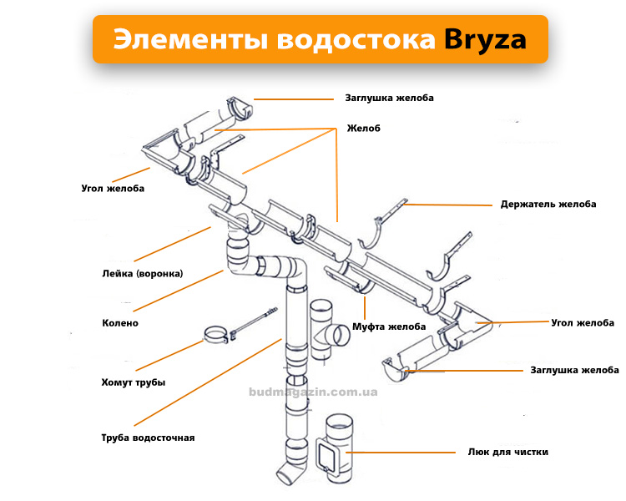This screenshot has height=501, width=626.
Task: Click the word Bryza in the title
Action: point(485,40)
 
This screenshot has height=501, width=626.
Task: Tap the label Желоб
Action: point(363,129)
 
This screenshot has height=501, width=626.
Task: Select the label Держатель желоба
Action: point(548,204)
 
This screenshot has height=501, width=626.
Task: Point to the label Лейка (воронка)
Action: point(143,274)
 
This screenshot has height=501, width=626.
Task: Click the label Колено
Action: point(120,323)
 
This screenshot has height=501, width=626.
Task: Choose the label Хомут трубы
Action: point(134,382)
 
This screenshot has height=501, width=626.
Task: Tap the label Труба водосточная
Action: point(148,438)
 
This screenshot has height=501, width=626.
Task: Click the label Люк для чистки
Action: point(508,452)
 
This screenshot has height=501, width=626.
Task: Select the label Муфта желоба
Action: point(389,326)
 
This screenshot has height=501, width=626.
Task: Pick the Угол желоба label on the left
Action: point(113,188)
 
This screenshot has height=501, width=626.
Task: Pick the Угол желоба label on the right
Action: point(583,323)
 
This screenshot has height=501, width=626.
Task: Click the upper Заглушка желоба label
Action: point(389,98)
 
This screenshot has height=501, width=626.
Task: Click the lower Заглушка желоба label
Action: point(574,370)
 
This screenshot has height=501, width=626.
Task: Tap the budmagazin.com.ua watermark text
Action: point(313,392)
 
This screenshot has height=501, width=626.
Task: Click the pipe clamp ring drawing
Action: point(216,335)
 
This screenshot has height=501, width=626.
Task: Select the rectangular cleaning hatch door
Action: point(328,454)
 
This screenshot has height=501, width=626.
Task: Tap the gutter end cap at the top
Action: point(240,107)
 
